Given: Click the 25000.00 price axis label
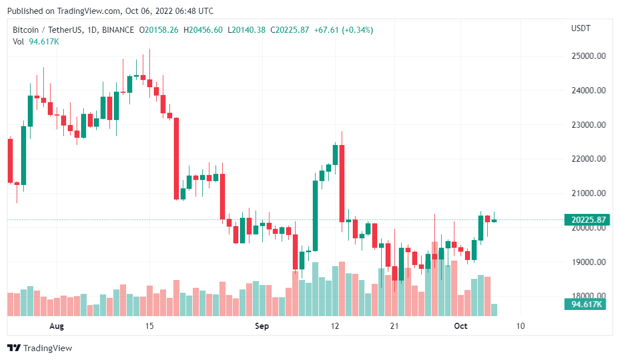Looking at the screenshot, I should click(x=588, y=56).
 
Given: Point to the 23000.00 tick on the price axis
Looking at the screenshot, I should click(x=588, y=125).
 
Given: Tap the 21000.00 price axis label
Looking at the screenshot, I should click(x=588, y=193).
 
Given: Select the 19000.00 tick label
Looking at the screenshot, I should click(x=588, y=262).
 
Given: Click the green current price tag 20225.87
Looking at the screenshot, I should click(x=588, y=219).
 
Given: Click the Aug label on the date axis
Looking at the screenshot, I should click(x=57, y=326).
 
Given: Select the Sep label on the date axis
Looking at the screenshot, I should click(x=262, y=326).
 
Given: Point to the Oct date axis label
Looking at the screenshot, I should click(x=461, y=326).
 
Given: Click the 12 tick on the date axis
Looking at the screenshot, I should click(x=335, y=326).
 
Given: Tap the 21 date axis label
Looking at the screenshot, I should click(x=395, y=326).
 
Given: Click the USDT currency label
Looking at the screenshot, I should click(x=581, y=28).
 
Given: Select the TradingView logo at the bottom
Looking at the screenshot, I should click(x=40, y=348).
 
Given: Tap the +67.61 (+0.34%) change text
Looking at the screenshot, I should click(x=343, y=30).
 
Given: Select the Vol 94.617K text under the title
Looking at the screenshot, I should click(x=36, y=41).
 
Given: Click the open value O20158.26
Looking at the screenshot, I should click(x=159, y=30).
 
